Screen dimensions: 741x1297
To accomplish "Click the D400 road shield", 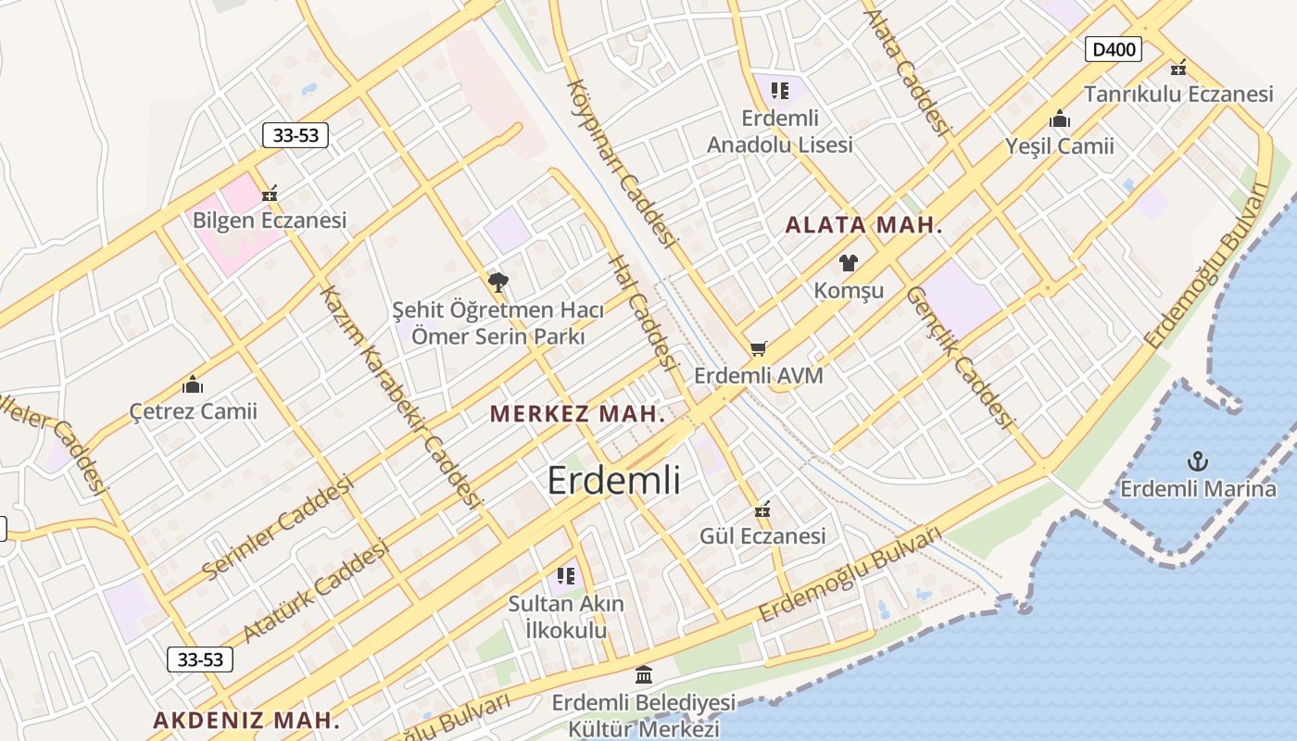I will (1113, 49).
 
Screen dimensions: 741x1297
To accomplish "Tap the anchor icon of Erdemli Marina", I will (1198, 460).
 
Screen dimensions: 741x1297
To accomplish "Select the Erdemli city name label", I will (613, 481).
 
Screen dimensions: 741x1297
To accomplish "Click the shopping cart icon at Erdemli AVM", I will (759, 348).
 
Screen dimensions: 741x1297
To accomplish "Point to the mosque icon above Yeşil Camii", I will (1060, 119).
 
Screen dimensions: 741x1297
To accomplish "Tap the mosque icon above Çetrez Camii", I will (193, 383).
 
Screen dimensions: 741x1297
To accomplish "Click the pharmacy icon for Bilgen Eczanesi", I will (270, 193).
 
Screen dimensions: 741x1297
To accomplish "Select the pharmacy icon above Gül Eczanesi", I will (762, 509).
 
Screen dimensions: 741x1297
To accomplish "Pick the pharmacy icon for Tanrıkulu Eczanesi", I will (1178, 68).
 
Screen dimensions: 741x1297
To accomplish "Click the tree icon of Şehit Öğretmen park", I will (497, 282).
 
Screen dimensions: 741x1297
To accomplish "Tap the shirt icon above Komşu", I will (849, 262).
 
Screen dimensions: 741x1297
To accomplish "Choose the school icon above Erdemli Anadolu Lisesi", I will (779, 91).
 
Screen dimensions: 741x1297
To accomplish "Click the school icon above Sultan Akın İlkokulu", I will (566, 576).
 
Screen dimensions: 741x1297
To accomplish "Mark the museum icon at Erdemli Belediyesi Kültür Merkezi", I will (643, 674).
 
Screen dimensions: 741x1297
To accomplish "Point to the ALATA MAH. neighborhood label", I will (863, 225).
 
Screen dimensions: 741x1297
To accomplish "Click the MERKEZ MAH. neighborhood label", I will (577, 414).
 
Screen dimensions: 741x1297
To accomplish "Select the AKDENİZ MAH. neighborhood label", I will (246, 720).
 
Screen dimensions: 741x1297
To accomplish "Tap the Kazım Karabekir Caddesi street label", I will (399, 396).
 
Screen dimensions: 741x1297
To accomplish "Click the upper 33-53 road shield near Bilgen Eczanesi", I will (296, 135).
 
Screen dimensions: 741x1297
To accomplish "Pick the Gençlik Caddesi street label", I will (958, 357).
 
